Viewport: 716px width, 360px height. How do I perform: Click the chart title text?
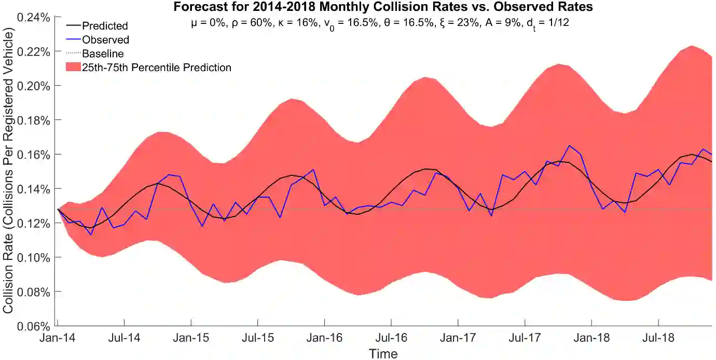tap(383, 7)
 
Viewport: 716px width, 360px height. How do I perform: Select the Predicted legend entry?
tap(105, 25)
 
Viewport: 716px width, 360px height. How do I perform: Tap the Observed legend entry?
tap(106, 39)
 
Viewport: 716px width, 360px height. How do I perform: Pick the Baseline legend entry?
tap(103, 53)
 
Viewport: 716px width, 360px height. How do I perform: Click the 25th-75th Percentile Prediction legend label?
tap(157, 67)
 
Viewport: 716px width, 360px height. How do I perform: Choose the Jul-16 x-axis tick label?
tap(391, 338)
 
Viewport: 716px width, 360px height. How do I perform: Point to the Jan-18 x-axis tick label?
tap(591, 338)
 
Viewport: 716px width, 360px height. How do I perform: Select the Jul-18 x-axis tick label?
tap(658, 338)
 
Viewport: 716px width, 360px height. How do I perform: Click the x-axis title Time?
tap(383, 354)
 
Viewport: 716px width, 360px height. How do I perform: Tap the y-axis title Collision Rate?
tap(8, 171)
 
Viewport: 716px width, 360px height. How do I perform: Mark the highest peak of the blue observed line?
tap(569, 146)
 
